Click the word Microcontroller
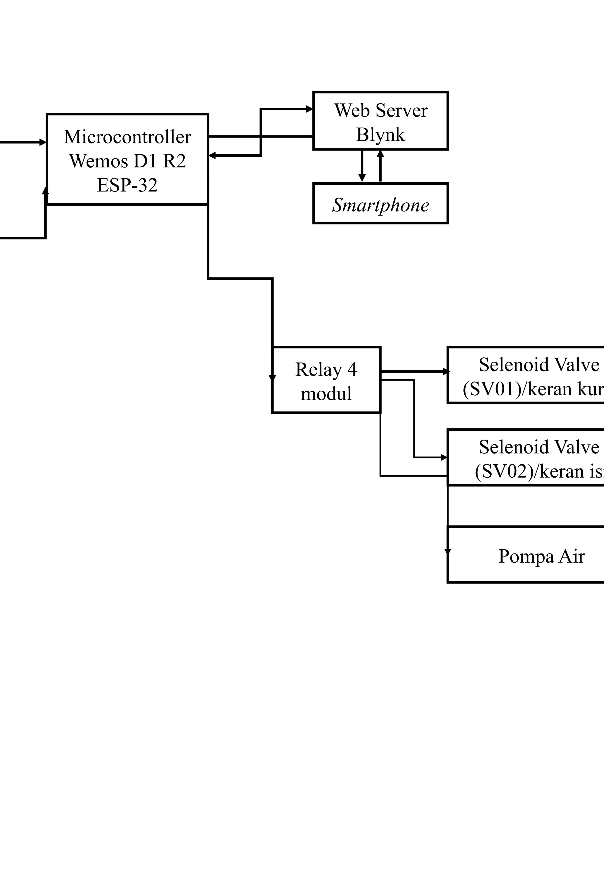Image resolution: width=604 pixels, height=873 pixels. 127,137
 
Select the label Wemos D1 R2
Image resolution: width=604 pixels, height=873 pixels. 127,161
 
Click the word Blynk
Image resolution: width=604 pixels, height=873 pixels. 380,135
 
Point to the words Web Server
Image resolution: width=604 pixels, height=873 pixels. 380,111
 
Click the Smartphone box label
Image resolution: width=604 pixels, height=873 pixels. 380,205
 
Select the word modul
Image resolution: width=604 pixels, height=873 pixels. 326,394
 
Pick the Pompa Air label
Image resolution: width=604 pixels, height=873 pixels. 541,556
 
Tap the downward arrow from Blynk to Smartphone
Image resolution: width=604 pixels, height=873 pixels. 362,178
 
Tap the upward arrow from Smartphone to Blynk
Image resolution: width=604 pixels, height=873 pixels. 380,154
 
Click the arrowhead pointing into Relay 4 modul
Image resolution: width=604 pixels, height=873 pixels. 272,378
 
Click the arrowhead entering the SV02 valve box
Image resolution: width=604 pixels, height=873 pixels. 444,457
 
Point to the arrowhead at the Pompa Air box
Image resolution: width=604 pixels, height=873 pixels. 448,552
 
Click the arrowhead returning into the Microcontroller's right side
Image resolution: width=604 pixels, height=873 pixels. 212,155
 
